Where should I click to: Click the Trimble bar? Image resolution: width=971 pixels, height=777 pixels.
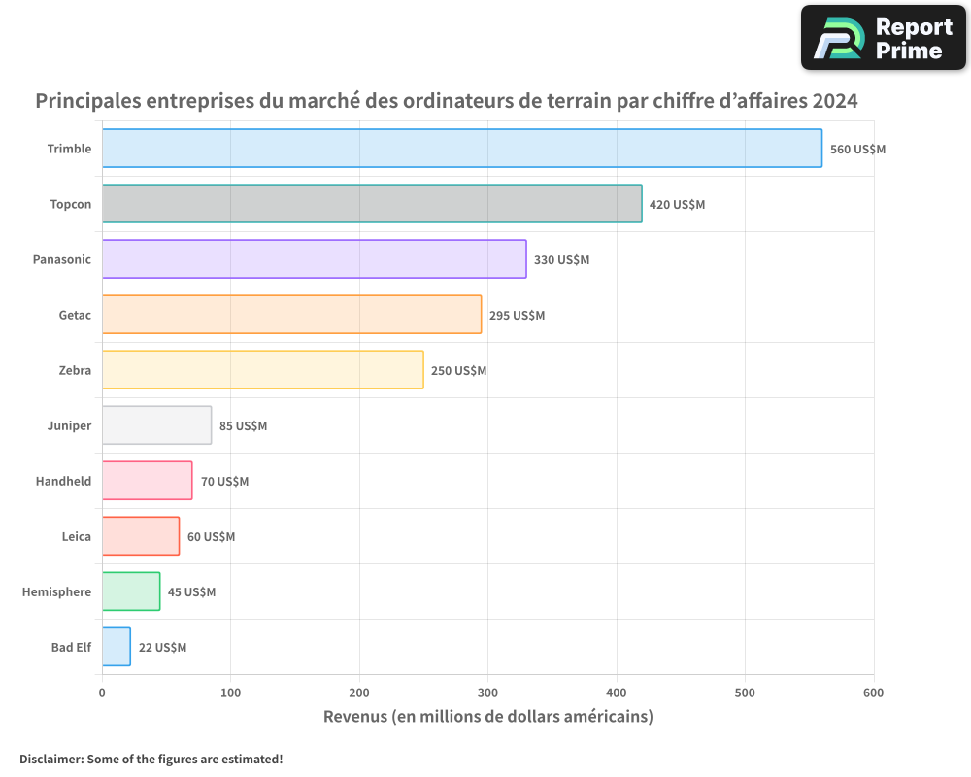point(461,149)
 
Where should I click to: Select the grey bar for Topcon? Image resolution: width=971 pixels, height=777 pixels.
point(372,204)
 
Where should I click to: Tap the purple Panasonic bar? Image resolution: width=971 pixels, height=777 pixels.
point(314,259)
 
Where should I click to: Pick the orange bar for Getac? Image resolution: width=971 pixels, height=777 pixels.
point(291,315)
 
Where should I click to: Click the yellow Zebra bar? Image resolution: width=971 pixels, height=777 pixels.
point(262,370)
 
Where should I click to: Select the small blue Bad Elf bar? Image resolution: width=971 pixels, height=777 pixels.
point(116,647)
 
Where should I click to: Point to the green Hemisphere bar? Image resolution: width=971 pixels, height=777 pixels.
point(131,591)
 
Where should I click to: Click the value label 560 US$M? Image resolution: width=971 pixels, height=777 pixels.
point(857,150)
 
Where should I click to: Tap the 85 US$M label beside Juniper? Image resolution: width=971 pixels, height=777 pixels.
point(243,426)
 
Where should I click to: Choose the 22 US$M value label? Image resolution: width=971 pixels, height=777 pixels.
point(162,648)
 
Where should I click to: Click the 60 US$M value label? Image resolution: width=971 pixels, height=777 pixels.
point(211,537)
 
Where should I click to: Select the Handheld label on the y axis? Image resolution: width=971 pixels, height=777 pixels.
point(63,481)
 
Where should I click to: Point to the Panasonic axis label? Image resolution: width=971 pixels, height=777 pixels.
point(61,259)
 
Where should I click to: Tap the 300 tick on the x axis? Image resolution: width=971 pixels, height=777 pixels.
point(487,693)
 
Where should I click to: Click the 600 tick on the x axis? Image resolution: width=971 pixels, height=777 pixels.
point(873,693)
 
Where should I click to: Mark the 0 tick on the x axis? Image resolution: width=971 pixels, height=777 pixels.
point(102,693)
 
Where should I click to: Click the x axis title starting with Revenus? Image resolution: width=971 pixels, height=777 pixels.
point(487,717)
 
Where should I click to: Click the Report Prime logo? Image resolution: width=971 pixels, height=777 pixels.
point(883,38)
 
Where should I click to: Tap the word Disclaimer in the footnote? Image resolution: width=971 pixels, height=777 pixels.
point(50,759)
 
